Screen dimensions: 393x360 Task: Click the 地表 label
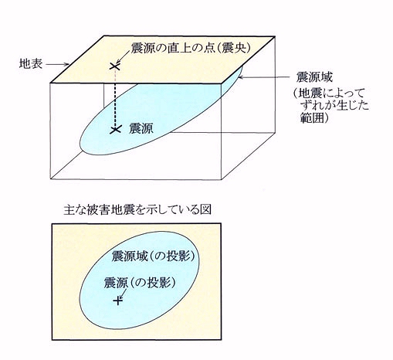pyautogui.click(x=31, y=64)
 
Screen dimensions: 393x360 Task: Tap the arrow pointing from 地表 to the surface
pyautogui.click(x=58, y=64)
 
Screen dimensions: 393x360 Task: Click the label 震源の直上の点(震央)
pyautogui.click(x=191, y=48)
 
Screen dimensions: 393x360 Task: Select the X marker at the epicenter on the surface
pyautogui.click(x=114, y=66)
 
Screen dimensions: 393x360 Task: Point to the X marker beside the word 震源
pyautogui.click(x=115, y=130)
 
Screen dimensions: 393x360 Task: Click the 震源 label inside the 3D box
pyautogui.click(x=141, y=128)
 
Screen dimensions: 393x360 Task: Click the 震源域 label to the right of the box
pyautogui.click(x=314, y=76)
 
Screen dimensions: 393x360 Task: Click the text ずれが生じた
pyautogui.click(x=335, y=105)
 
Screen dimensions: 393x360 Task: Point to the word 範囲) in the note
pyautogui.click(x=315, y=117)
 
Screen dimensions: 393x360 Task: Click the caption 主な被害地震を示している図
pyautogui.click(x=137, y=210)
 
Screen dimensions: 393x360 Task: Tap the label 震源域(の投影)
pyautogui.click(x=153, y=256)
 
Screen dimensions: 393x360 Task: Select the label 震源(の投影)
pyautogui.click(x=141, y=283)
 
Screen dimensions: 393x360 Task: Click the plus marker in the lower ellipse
pyautogui.click(x=118, y=301)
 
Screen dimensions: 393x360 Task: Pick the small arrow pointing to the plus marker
pyautogui.click(x=124, y=293)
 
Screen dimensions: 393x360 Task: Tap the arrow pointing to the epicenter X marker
pyautogui.click(x=123, y=56)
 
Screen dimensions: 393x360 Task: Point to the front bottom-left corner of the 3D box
pyautogui.click(x=50, y=178)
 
